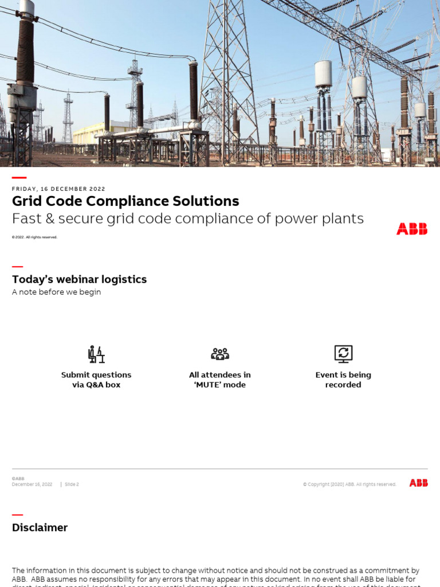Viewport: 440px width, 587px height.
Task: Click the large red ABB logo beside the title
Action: pos(411,229)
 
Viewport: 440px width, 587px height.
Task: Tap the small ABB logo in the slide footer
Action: pos(418,483)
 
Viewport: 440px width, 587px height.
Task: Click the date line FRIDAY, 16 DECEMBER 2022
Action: pos(58,189)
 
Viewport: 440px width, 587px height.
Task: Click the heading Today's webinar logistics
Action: pos(79,279)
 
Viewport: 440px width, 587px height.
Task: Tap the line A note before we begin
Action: pos(56,292)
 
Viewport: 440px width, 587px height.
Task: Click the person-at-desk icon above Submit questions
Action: pos(96,354)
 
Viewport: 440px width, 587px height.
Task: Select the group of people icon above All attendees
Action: pos(220,354)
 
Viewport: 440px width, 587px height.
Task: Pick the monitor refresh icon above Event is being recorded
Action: pos(343,354)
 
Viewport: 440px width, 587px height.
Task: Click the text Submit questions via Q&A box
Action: pos(96,379)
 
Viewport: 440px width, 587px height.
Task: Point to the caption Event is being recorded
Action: pos(343,379)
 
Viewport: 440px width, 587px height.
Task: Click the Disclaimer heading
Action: pos(40,527)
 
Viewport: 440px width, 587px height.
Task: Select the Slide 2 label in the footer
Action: pos(72,484)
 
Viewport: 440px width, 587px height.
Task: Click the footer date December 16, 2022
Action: pos(32,484)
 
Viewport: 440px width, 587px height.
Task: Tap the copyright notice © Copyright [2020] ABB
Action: pos(349,484)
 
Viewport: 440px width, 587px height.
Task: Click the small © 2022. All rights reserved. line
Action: pos(34,237)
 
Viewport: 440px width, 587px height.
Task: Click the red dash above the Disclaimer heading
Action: pos(17,515)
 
